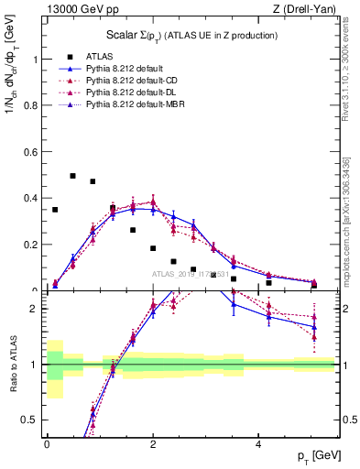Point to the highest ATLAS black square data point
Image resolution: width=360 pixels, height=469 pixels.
click(x=73, y=175)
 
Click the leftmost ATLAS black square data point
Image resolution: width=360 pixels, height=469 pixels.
click(x=55, y=210)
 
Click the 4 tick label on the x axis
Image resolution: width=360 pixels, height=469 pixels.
click(x=259, y=443)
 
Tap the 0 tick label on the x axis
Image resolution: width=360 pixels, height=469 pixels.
click(x=48, y=443)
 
